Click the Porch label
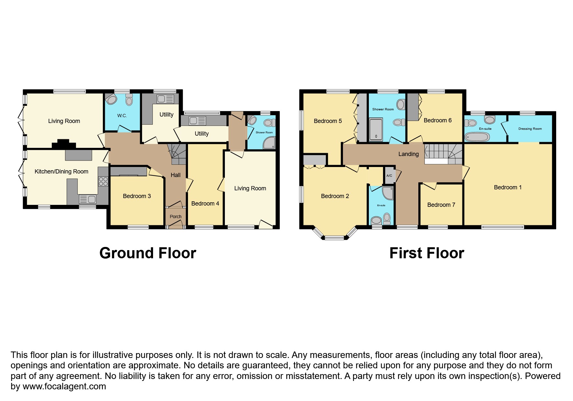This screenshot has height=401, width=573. [176, 217]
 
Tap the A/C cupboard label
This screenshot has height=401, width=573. [389, 176]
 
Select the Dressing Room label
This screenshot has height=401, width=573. [530, 129]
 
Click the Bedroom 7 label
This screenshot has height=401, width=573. [441, 205]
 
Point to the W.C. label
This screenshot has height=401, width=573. [122, 116]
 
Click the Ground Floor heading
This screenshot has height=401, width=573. [148, 253]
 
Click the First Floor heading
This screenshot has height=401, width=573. [427, 253]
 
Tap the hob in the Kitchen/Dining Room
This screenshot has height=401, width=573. [103, 181]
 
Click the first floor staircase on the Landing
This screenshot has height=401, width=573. [444, 154]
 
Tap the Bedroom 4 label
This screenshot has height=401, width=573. [205, 204]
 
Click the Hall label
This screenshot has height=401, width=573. [176, 175]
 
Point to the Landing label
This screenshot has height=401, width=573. [408, 154]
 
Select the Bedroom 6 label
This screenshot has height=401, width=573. [437, 120]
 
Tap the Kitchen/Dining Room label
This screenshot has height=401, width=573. [61, 172]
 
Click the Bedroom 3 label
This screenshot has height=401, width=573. [137, 196]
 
